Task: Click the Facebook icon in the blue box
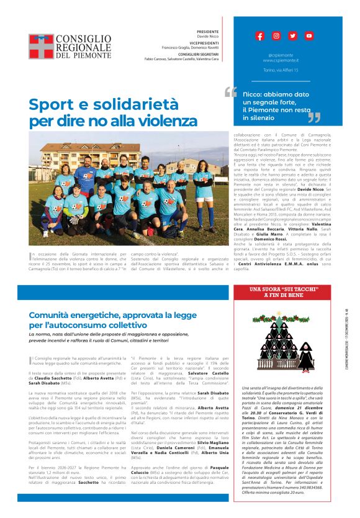(x=259, y=36)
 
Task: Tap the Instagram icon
(x=276, y=36)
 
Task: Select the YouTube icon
(x=308, y=36)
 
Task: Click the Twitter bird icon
(x=292, y=36)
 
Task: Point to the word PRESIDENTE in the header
(x=207, y=31)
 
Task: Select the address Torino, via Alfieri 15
(x=281, y=70)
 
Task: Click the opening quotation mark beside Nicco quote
(x=230, y=93)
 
